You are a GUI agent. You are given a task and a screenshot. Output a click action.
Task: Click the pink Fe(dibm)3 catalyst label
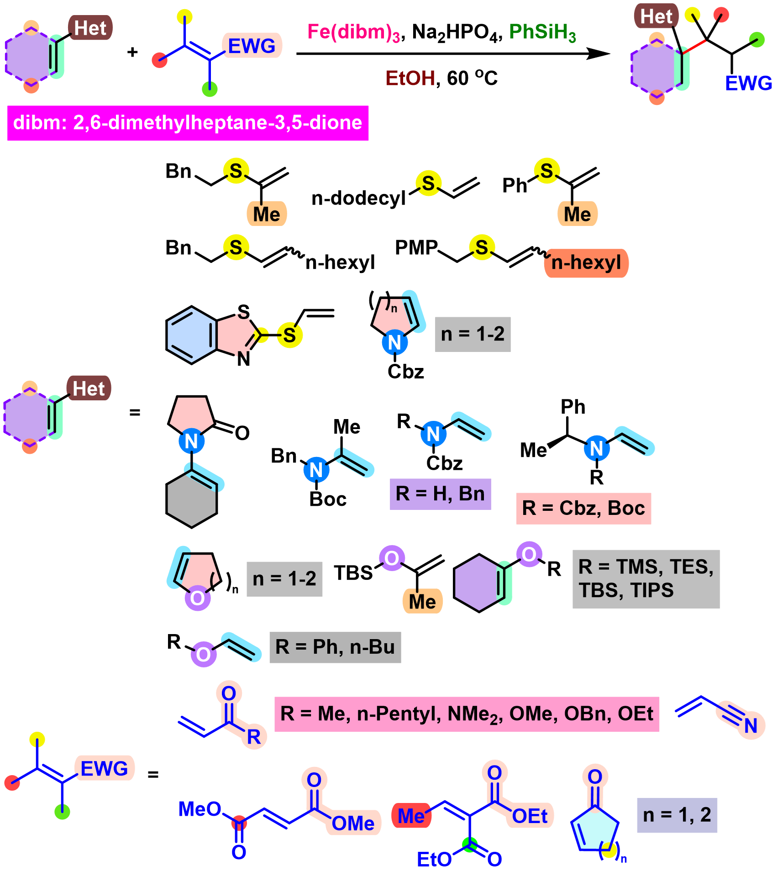pyautogui.click(x=354, y=32)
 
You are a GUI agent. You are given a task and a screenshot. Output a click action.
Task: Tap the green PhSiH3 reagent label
pyautogui.click(x=542, y=32)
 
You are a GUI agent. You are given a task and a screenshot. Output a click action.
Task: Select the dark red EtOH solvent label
pyautogui.click(x=410, y=78)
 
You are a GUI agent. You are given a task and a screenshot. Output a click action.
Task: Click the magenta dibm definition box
pyautogui.click(x=188, y=123)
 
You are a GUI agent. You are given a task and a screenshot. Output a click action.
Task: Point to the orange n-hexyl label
pyautogui.click(x=586, y=263)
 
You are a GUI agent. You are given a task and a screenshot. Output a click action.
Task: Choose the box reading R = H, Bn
pyautogui.click(x=441, y=494)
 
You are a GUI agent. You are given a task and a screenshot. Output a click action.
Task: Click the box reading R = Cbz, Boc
pyautogui.click(x=583, y=508)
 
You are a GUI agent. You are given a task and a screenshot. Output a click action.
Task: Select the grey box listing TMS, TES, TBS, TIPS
pyautogui.click(x=646, y=579)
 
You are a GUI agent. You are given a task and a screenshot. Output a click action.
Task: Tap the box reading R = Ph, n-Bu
pyautogui.click(x=335, y=647)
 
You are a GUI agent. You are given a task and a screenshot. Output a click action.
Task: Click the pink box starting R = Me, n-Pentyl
pyautogui.click(x=467, y=714)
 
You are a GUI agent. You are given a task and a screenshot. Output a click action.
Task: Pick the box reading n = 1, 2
pyautogui.click(x=677, y=815)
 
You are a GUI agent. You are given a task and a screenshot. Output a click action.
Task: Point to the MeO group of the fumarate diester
pyautogui.click(x=200, y=809)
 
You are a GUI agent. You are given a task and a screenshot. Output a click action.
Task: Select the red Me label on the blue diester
pyautogui.click(x=411, y=816)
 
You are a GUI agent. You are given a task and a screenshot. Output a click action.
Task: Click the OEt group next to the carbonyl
pyautogui.click(x=530, y=816)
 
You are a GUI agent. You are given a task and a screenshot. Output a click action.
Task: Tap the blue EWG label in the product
pyautogui.click(x=748, y=83)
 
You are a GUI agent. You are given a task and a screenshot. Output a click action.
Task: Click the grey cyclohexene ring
pyautogui.click(x=192, y=500)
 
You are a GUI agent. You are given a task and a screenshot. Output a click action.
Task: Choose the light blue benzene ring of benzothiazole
pyautogui.click(x=192, y=335)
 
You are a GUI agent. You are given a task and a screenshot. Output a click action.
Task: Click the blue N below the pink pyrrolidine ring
pyautogui.click(x=191, y=441)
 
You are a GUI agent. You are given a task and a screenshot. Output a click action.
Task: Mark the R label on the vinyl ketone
pyautogui.click(x=254, y=737)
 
